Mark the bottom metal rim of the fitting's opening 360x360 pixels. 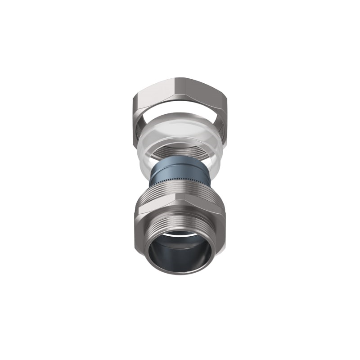[180, 271]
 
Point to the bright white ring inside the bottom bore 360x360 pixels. [180, 234]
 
